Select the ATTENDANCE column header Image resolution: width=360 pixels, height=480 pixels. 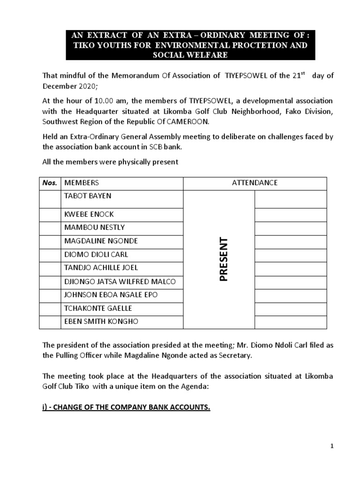255,183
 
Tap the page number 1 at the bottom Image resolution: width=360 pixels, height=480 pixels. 331,446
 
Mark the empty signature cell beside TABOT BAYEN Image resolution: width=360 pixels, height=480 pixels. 290,199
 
